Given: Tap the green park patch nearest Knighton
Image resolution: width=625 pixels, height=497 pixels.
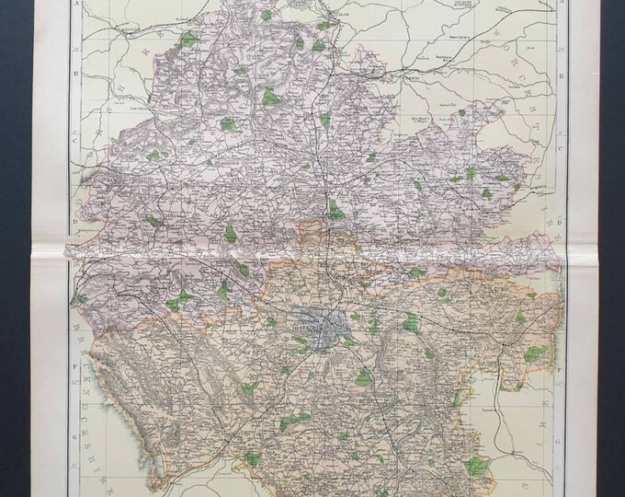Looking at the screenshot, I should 188,40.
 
